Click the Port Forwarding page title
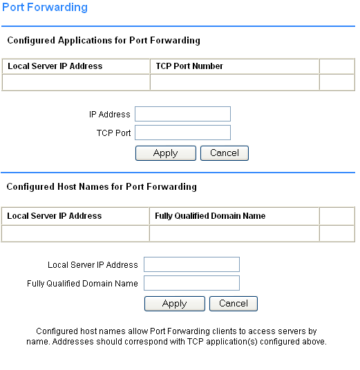[x=45, y=8]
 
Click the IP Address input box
[x=182, y=114]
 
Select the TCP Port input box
[x=182, y=133]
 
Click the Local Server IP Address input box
[x=191, y=264]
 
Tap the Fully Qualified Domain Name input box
[x=191, y=283]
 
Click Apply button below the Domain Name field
[x=175, y=304]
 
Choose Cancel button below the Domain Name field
[x=234, y=304]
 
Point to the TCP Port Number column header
[x=189, y=66]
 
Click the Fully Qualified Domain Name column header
[x=210, y=216]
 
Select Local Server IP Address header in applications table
[x=55, y=66]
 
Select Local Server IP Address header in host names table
[x=55, y=216]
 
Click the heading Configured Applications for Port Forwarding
[x=104, y=41]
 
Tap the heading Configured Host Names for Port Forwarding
[x=102, y=187]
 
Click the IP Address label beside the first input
[x=110, y=115]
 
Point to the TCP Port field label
[x=113, y=133]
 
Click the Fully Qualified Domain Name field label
[x=82, y=284]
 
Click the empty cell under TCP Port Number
[x=234, y=82]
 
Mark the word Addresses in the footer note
[x=73, y=342]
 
